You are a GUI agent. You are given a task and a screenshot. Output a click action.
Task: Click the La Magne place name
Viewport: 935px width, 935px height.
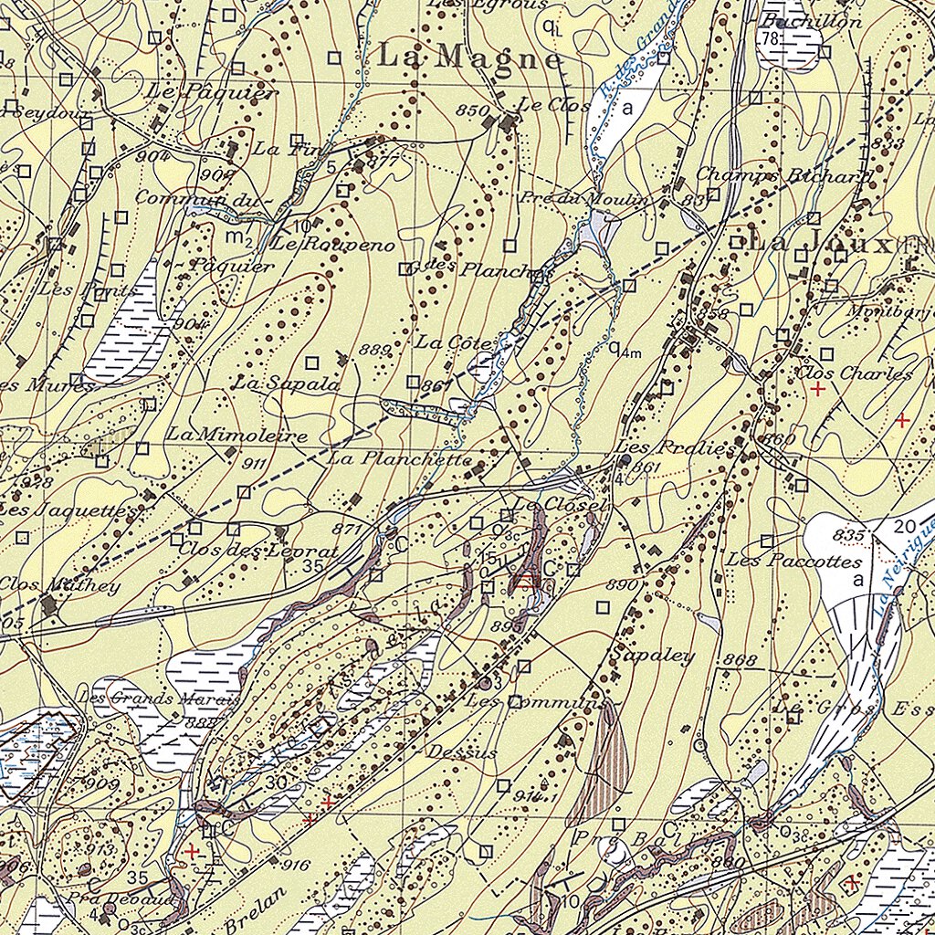click(x=469, y=57)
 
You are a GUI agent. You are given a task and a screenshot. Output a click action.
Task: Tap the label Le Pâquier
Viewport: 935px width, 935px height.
click(x=211, y=92)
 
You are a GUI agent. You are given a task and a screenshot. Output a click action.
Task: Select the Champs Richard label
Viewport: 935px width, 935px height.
click(x=783, y=174)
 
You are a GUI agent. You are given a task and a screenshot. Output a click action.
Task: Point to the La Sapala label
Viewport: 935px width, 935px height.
click(x=286, y=384)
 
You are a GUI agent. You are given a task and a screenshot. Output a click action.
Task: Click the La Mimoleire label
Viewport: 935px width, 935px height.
click(x=236, y=436)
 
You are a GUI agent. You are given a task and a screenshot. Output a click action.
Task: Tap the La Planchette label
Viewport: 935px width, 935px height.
click(x=400, y=458)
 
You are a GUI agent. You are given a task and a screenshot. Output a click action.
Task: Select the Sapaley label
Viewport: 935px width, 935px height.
click(x=653, y=656)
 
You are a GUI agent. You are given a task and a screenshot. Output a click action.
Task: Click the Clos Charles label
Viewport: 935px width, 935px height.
click(x=854, y=373)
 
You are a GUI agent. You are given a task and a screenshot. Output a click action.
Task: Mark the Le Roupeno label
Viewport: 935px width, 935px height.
click(x=332, y=246)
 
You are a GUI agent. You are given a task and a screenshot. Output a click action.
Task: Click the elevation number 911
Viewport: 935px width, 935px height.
click(x=255, y=464)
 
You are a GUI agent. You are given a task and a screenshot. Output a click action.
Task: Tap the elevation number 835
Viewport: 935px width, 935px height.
click(x=847, y=534)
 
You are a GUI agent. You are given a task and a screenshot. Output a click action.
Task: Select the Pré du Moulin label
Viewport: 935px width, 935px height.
click(x=584, y=199)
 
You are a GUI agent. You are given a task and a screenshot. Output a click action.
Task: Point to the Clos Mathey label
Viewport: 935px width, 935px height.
click(x=59, y=584)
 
